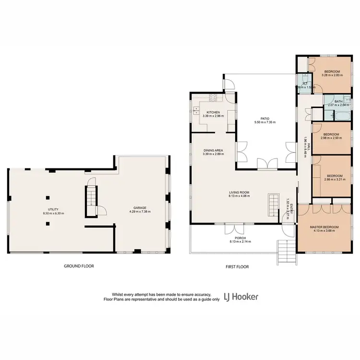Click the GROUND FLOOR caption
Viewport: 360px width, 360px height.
pos(79,265)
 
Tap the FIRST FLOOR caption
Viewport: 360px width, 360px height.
pos(237,265)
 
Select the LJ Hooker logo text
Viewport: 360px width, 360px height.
pos(241,297)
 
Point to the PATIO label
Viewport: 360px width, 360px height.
pos(262,118)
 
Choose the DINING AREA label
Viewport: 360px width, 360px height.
pos(213,151)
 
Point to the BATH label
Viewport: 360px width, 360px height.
pos(338,101)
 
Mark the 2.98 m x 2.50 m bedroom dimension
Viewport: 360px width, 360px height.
pos(331,138)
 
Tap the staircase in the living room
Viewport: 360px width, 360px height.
pos(273,206)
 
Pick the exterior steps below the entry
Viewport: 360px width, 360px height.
pos(287,250)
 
